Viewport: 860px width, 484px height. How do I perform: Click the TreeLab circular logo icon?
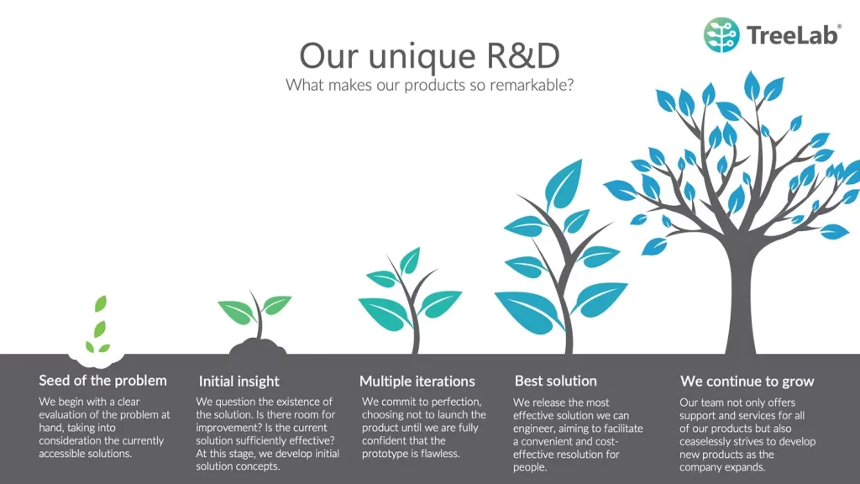click(721, 35)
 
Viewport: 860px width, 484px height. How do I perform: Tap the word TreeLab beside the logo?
click(794, 35)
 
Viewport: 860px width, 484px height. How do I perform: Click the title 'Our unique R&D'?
click(429, 55)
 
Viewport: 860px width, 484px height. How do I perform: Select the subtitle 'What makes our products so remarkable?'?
click(429, 85)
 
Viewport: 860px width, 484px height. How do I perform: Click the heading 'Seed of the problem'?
click(102, 381)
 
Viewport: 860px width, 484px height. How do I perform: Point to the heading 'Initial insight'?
click(239, 381)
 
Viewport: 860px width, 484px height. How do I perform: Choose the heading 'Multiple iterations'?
click(417, 381)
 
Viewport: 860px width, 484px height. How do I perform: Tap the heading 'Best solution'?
click(556, 381)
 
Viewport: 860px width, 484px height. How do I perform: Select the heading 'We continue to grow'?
click(747, 381)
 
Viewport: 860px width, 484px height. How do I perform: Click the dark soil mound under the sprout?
click(258, 347)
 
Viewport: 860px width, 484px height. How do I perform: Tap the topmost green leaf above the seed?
click(101, 303)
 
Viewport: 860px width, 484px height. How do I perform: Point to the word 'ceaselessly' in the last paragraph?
click(705, 442)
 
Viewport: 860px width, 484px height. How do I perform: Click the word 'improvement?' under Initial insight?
click(224, 428)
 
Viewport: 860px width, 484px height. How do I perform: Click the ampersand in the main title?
click(502, 55)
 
